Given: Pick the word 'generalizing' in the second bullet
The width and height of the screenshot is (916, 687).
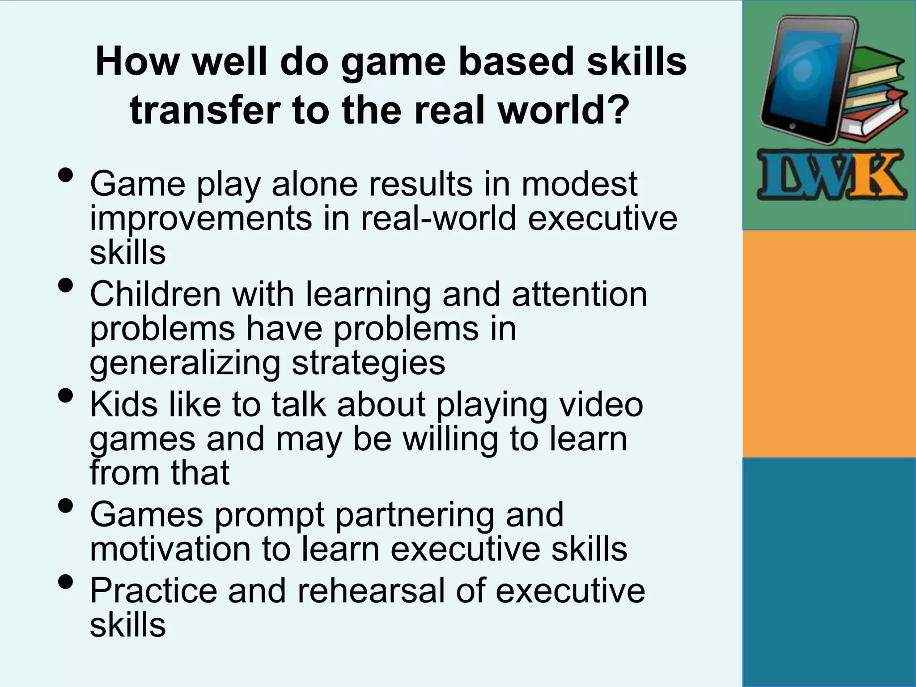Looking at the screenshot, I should [x=185, y=363].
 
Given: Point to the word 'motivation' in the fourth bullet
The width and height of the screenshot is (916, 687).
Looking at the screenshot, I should [x=170, y=549].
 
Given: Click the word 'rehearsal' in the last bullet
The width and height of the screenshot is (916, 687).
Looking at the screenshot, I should [x=371, y=590].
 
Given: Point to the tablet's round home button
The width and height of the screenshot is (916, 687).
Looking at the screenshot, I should [x=792, y=127].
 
